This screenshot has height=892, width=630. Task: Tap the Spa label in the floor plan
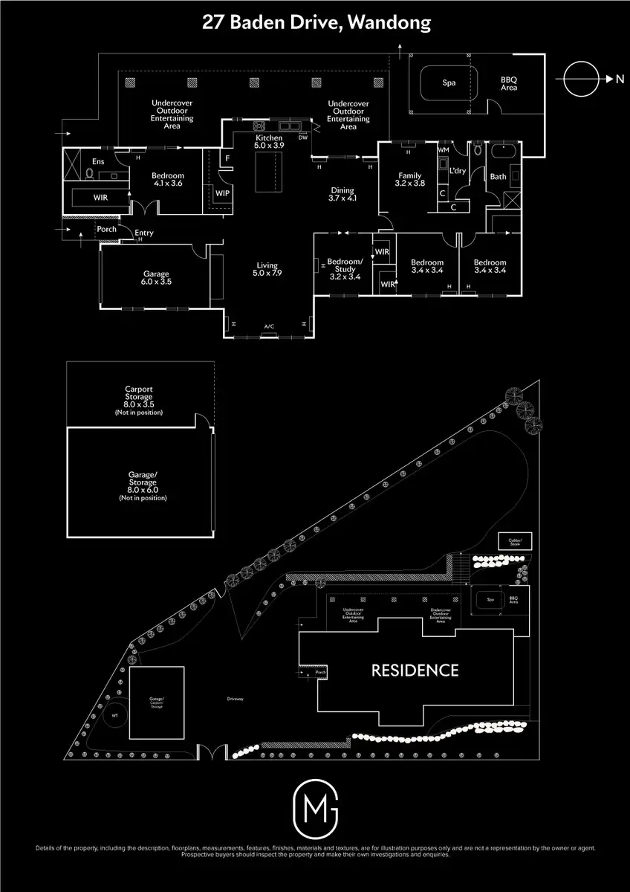449,83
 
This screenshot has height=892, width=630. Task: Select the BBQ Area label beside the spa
509,83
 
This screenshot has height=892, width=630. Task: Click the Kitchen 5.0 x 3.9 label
269,142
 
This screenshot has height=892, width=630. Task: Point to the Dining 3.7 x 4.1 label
342,194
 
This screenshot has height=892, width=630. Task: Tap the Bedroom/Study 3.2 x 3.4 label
345,269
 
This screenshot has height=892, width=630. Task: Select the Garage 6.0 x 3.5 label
156,278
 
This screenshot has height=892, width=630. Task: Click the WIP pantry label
222,193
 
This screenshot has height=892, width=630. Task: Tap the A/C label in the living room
269,326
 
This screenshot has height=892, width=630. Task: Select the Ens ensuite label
97,161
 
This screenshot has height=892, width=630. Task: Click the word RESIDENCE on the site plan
415,670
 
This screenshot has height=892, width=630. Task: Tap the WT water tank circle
114,715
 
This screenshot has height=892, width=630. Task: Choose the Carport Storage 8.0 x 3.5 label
139,400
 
